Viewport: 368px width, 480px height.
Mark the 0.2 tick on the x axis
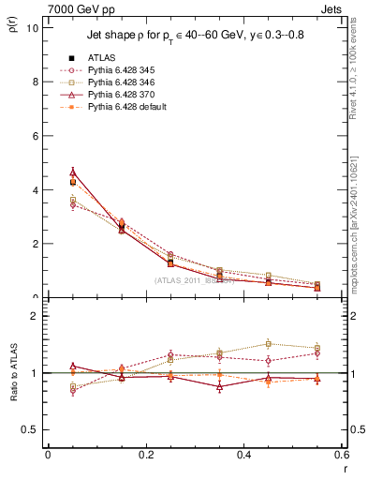pyautogui.click(x=145, y=454)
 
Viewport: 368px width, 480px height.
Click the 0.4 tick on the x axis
pyautogui.click(x=243, y=454)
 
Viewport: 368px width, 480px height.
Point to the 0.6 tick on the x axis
pyautogui.click(x=341, y=454)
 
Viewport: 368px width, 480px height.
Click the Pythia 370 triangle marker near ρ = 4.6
pyautogui.click(x=73, y=172)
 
